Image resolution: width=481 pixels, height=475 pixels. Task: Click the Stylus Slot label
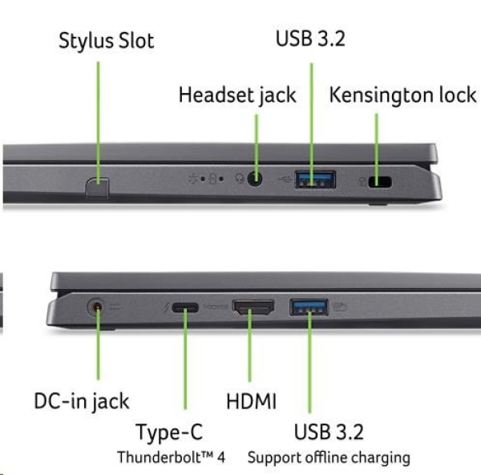(106, 41)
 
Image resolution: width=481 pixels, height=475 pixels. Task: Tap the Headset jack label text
(237, 95)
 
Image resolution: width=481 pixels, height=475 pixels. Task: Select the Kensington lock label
(402, 95)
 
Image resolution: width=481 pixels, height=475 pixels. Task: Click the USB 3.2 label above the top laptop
(310, 39)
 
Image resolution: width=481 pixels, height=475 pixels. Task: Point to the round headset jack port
(256, 179)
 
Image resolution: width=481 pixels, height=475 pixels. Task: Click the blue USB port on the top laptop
(315, 179)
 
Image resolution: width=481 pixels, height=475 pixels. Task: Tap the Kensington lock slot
(379, 181)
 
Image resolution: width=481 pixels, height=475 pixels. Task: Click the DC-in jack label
(82, 400)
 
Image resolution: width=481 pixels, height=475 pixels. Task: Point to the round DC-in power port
(98, 307)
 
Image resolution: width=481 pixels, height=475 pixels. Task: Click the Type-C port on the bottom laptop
(185, 307)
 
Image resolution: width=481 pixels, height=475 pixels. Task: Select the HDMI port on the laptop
(253, 307)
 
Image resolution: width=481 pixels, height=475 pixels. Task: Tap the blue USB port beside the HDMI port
(309, 306)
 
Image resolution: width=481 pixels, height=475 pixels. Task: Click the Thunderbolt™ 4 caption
(171, 457)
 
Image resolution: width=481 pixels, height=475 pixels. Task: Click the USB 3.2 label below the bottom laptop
(329, 432)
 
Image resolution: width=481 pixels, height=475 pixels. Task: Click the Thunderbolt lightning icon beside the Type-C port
(165, 307)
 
